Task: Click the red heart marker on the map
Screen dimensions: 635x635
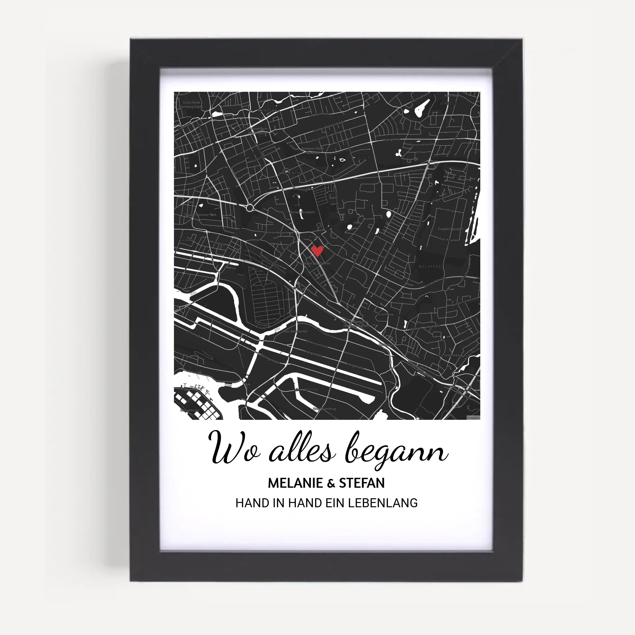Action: point(317,251)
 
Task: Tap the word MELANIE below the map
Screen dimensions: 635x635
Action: point(295,483)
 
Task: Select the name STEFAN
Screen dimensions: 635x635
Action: point(362,483)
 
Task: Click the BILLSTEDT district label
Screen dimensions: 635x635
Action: point(429,267)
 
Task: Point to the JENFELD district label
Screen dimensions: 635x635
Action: point(448,103)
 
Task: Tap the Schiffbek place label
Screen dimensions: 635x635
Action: point(385,314)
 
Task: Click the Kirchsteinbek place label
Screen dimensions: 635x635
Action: point(447,355)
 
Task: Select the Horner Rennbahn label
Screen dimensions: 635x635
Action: point(302,212)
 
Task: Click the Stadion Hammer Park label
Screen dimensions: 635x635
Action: point(200,215)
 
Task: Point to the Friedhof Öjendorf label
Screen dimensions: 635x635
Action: point(450,229)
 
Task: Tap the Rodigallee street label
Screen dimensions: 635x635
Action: point(391,140)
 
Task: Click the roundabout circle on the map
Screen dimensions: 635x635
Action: point(250,208)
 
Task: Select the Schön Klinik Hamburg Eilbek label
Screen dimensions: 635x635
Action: point(191,104)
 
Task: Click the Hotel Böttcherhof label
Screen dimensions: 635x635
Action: point(295,332)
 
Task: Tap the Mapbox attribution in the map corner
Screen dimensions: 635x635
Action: point(473,418)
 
